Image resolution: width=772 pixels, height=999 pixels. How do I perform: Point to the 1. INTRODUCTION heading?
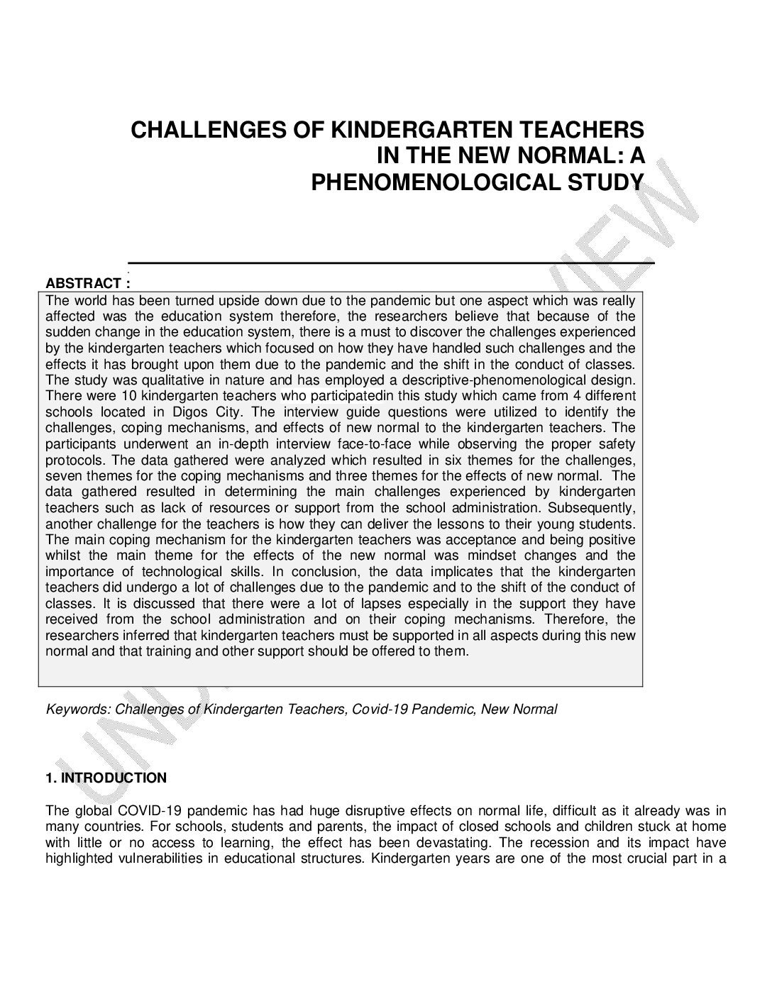(x=106, y=778)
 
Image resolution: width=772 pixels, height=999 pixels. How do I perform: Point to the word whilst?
(x=63, y=556)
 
